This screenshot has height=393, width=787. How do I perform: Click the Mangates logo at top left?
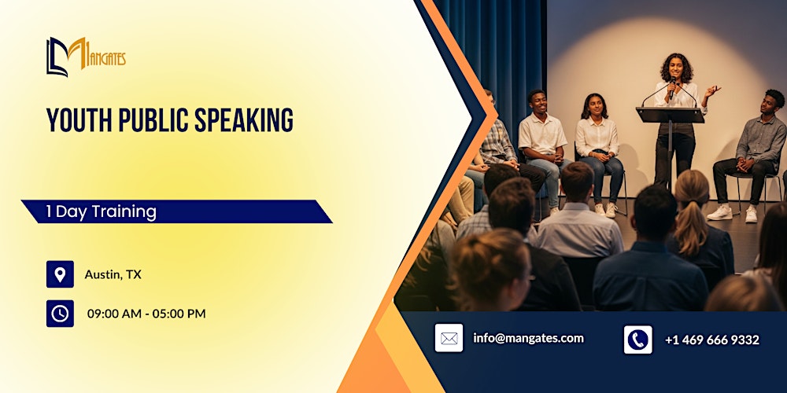click(x=85, y=57)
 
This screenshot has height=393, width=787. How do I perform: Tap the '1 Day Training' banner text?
click(x=101, y=211)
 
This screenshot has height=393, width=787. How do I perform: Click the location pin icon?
click(x=60, y=274)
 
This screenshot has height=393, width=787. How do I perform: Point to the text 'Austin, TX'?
click(x=113, y=274)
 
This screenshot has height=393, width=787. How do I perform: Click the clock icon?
click(x=60, y=314)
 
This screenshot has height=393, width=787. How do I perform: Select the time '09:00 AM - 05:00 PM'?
click(x=146, y=314)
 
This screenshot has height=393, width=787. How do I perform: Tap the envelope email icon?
click(x=449, y=339)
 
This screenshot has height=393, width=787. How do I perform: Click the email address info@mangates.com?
click(x=528, y=338)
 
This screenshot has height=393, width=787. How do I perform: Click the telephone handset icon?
click(x=637, y=340)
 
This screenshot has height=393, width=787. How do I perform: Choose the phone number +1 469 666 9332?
click(x=711, y=340)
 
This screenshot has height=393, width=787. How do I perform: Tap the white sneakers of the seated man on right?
click(x=731, y=212)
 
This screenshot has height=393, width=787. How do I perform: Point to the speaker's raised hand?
click(x=712, y=90)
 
